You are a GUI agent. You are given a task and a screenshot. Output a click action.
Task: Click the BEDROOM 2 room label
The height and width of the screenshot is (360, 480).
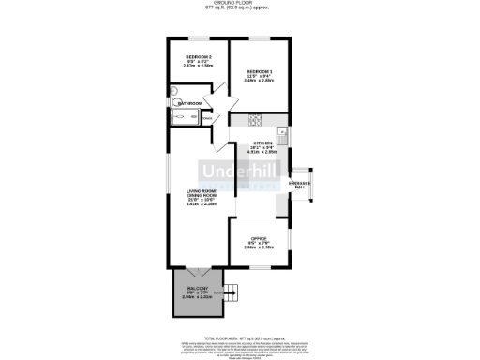pos(198,58)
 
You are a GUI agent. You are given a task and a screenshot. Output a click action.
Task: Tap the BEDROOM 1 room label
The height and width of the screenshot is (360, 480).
pos(260,72)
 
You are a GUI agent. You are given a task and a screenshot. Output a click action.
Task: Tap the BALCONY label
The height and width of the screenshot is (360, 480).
pos(196,288)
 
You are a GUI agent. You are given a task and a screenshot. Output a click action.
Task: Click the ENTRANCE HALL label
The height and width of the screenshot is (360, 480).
pos(300,185)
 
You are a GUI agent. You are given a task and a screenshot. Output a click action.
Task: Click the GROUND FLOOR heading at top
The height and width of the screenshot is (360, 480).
pos(239,4)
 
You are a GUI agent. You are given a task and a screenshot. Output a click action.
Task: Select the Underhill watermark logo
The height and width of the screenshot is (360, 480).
pos(239,173)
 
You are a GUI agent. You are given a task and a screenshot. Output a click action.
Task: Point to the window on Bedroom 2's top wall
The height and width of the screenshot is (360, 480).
pos(198,39)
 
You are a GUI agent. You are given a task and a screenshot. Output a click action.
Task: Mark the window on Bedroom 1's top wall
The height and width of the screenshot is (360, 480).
pos(259,39)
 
